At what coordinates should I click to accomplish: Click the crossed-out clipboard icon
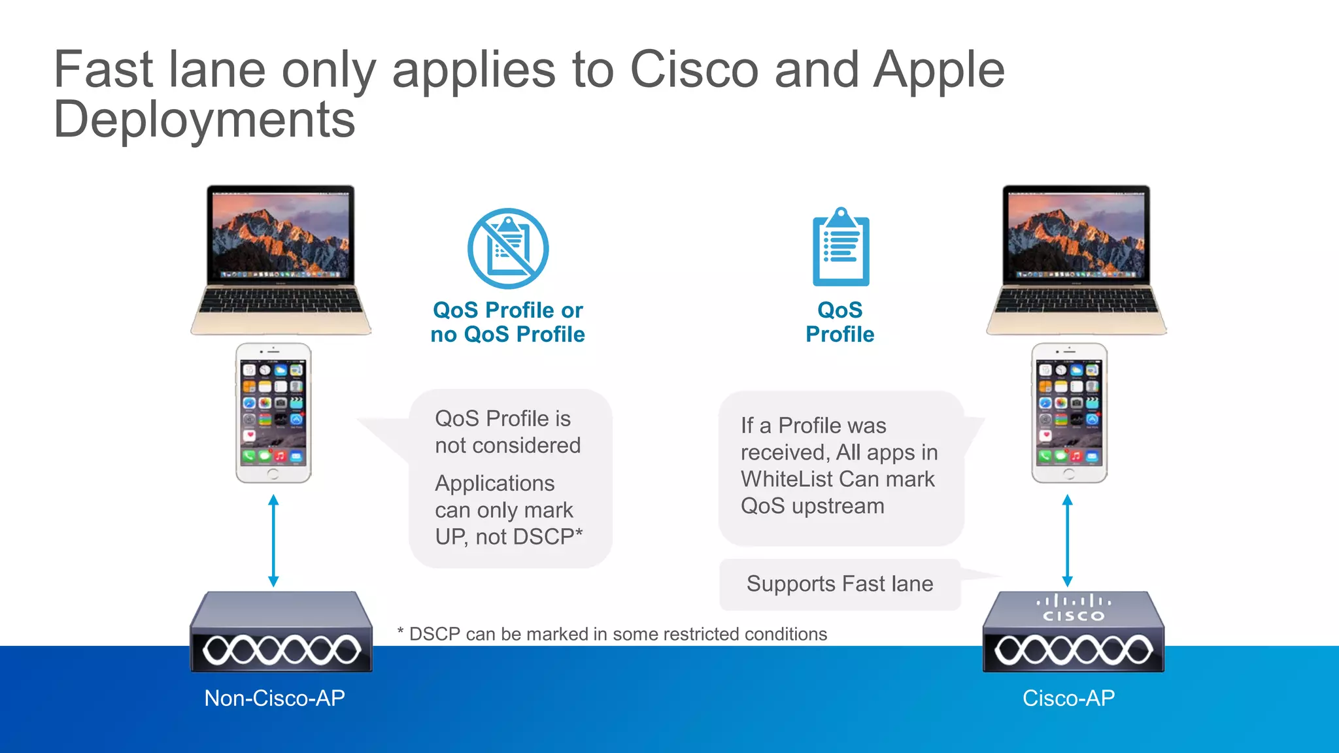coord(508,249)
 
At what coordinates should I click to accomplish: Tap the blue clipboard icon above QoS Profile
coord(841,248)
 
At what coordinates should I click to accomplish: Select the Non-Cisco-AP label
coord(275,698)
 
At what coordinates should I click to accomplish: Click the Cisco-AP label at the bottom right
coord(1068,698)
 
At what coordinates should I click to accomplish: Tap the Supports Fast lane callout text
coord(839,584)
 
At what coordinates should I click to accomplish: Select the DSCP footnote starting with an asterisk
coord(612,634)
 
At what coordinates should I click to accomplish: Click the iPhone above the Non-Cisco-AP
coord(273,413)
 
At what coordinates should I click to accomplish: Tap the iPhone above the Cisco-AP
coord(1069,413)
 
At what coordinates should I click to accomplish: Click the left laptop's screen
coord(280,235)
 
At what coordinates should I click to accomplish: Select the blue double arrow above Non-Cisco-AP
coord(273,540)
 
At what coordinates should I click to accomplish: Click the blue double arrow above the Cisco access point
coord(1067,540)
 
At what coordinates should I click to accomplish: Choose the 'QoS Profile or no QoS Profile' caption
coord(507,322)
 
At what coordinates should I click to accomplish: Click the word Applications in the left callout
coord(494,484)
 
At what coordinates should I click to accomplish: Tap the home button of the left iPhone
coord(273,475)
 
